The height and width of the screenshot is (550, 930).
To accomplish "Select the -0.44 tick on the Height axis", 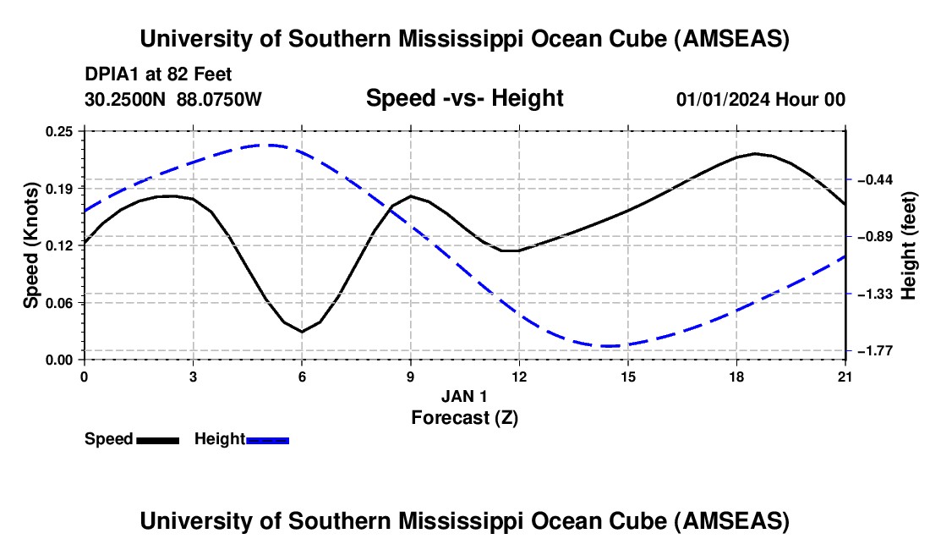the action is (x=876, y=179).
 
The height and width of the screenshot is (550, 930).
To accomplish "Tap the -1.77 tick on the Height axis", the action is (x=876, y=351).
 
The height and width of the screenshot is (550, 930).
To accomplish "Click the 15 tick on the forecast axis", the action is (x=628, y=377).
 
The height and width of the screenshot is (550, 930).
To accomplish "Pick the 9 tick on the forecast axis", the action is (x=410, y=377).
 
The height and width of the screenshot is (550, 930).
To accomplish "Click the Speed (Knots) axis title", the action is (x=30, y=245).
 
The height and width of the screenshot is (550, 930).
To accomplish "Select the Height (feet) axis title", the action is (x=908, y=245).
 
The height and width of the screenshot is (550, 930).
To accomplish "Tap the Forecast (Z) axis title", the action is (x=465, y=418).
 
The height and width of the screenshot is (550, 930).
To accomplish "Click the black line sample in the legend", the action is (x=158, y=441).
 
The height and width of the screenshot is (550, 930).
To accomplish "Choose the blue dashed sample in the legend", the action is (x=267, y=441).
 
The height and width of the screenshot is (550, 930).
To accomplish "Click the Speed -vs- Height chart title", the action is (x=465, y=98).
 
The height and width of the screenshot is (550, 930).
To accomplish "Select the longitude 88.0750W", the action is (x=219, y=99).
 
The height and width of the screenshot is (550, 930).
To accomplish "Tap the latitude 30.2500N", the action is (x=125, y=99).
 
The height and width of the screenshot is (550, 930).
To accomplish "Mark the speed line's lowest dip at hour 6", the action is (x=302, y=332).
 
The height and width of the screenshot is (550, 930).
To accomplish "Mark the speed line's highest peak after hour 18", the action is (x=755, y=154).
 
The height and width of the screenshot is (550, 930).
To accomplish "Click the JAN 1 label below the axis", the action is (x=464, y=396).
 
